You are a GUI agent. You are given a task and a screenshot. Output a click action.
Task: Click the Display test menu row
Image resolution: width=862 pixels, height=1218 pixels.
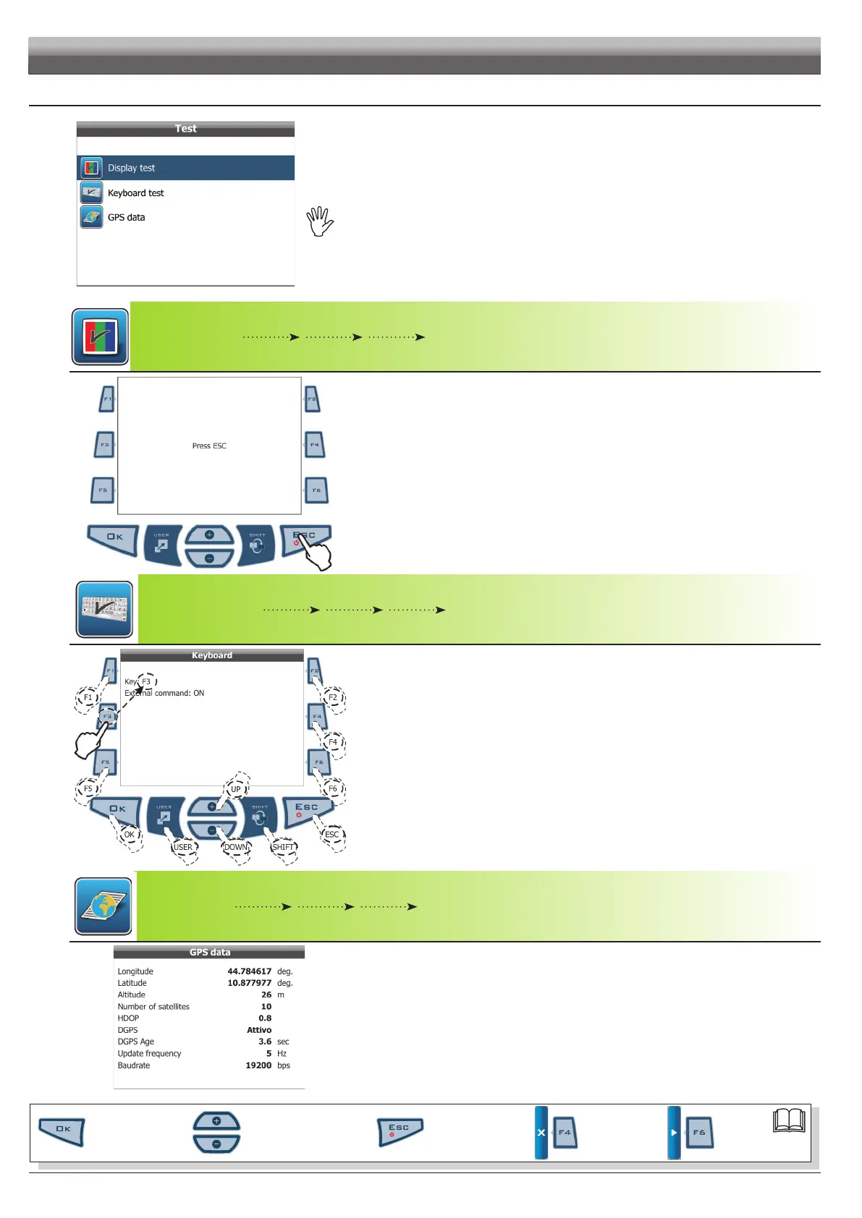[x=185, y=168]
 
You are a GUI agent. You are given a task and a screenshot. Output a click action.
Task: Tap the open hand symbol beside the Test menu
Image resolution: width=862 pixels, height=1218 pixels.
[x=319, y=221]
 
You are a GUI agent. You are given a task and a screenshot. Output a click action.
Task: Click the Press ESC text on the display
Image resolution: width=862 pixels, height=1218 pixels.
[x=209, y=446]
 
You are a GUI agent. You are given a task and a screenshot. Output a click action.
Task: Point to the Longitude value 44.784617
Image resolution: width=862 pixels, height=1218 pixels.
[x=249, y=971]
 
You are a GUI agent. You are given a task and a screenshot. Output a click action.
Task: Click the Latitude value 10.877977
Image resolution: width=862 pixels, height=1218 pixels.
[x=249, y=983]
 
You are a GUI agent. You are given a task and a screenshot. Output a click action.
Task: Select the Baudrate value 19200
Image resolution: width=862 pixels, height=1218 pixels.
[x=258, y=1065]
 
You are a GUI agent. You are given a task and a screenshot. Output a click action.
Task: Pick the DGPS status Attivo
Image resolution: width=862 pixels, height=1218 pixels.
[x=259, y=1030]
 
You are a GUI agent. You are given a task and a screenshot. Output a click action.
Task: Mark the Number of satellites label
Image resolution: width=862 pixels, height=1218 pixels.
[x=153, y=1007]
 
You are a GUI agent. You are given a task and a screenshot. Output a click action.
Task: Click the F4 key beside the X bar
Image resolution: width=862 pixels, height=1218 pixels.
[x=565, y=1133]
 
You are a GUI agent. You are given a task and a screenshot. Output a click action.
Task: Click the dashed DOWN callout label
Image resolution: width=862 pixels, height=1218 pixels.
[x=236, y=848]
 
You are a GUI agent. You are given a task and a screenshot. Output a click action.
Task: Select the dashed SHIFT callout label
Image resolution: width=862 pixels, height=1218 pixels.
[x=283, y=848]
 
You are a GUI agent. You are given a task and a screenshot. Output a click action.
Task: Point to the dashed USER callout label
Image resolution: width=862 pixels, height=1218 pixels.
[x=183, y=848]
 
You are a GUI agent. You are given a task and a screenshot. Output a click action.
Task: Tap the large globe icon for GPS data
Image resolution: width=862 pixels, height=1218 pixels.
[x=103, y=906]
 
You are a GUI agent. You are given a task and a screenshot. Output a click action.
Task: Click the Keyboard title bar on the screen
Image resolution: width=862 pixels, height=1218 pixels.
[x=211, y=655]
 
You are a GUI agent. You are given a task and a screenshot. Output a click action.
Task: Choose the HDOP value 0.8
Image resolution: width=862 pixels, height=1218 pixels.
[x=265, y=1018]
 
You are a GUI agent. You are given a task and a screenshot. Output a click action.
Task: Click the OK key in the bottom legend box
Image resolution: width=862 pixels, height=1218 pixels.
[x=62, y=1130]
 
